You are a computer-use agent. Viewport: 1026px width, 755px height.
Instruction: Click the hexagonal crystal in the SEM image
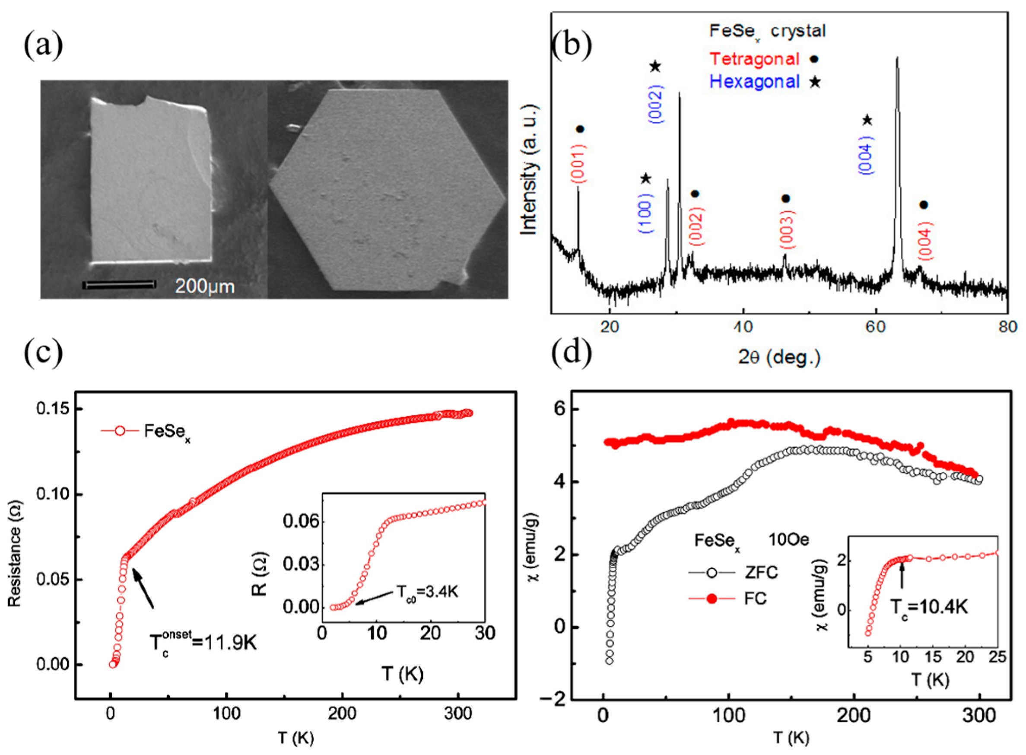(388, 190)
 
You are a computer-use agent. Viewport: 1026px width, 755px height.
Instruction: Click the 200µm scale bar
(119, 285)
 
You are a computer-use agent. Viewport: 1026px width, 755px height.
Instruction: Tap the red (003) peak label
(787, 229)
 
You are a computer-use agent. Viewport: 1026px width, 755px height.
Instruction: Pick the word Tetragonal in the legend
(754, 59)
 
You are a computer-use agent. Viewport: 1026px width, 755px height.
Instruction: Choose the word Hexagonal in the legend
(754, 82)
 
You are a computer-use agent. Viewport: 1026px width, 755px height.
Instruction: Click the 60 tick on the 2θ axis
(876, 327)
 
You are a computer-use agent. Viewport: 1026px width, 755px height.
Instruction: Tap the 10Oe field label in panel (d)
(788, 540)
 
